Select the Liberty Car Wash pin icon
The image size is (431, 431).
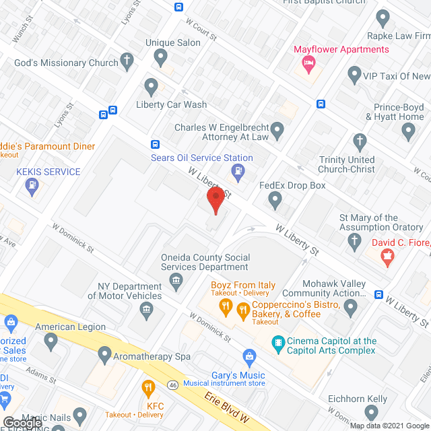click(152, 88)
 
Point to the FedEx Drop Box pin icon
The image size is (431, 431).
click(274, 199)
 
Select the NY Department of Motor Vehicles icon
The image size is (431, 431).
click(145, 310)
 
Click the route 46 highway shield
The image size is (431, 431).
click(172, 385)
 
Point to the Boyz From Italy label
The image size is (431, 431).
click(242, 285)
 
